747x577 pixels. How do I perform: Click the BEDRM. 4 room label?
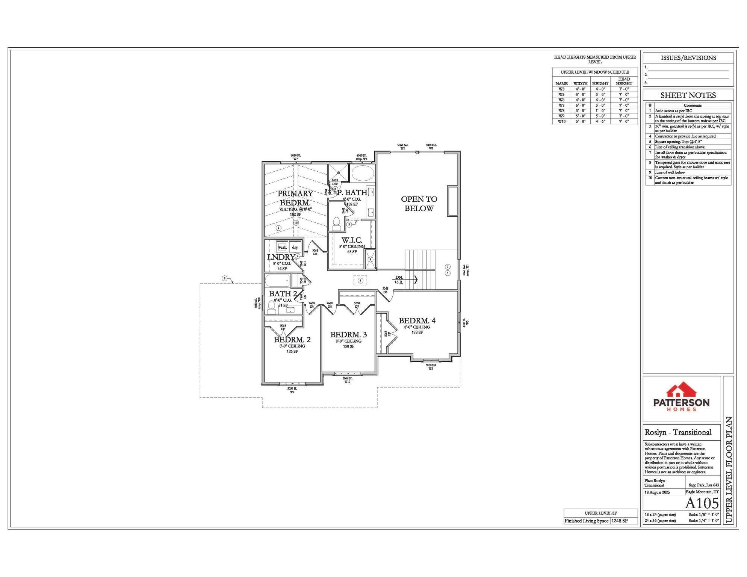pos(417,321)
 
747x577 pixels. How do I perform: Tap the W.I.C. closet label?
pos(352,240)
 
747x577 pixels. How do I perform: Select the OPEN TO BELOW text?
pos(419,204)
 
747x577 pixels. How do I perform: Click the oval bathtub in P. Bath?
pos(362,173)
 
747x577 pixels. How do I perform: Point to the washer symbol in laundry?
pos(282,247)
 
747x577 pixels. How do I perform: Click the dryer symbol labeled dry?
pos(295,247)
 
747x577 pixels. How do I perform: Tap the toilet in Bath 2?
pos(271,308)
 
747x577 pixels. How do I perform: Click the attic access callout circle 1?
pos(360,280)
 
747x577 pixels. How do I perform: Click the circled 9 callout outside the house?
pos(224,278)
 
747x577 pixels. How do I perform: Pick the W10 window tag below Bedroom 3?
pos(347,382)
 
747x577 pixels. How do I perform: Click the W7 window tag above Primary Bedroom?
pos(295,159)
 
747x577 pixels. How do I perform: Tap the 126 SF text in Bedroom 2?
pos(292,351)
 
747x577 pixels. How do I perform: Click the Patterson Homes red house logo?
pos(681,391)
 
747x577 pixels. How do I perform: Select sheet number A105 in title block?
pos(702,503)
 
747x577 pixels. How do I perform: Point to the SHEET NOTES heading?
pos(688,95)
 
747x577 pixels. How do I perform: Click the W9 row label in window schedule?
pos(561,116)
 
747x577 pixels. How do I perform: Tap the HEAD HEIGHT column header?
pos(624,81)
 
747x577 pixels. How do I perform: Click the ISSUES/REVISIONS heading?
pos(688,58)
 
